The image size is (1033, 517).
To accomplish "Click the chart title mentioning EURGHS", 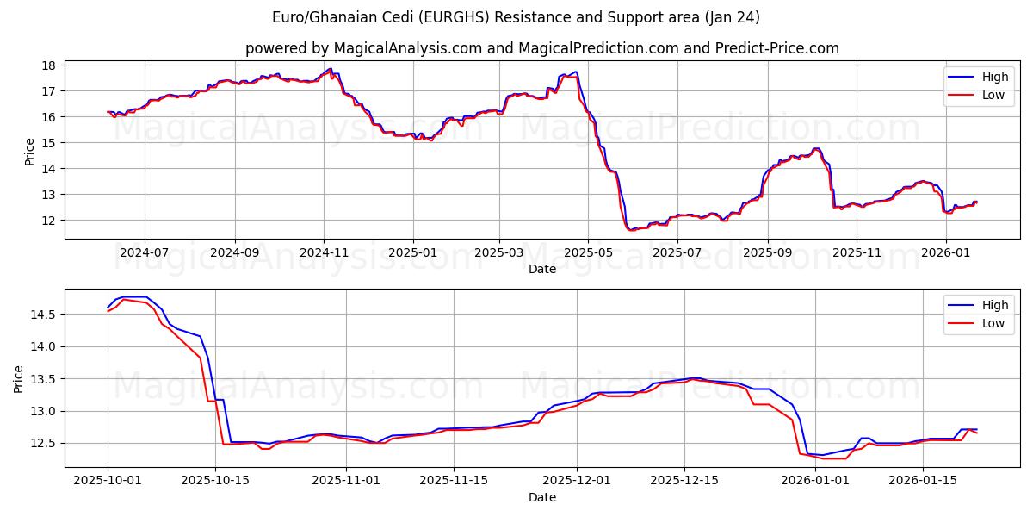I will click(x=516, y=17).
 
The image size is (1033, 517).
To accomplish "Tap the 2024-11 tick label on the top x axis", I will click(x=324, y=253).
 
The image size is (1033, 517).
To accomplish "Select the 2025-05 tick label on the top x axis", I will click(x=588, y=253).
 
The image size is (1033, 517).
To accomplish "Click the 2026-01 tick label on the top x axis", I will click(x=946, y=253).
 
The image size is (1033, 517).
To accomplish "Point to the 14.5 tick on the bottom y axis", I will click(x=45, y=315).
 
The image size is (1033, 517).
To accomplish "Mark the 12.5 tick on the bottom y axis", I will click(x=45, y=444).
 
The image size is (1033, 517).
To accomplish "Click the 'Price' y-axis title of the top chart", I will click(x=30, y=151).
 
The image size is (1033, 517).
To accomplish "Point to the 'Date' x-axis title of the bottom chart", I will click(x=541, y=498).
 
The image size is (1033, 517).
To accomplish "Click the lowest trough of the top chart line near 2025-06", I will click(x=631, y=230).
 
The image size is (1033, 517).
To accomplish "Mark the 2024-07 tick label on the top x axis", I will click(x=144, y=253).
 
